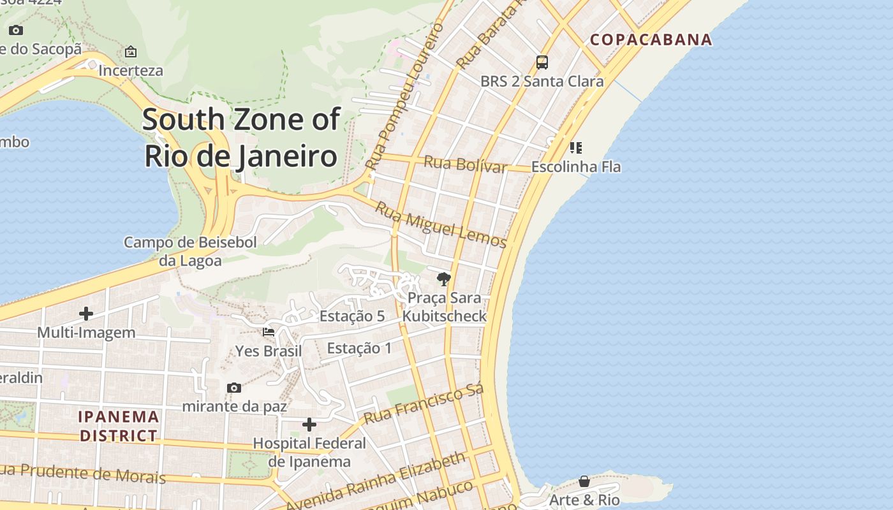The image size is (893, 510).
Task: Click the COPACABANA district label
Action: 651,40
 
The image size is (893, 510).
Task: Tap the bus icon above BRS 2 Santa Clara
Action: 542,62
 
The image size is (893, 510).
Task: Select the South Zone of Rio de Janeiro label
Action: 241,138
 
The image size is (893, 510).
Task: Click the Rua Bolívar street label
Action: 466,164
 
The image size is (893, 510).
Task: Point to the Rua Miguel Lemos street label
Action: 441,225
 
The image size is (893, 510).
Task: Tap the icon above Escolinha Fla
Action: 576,149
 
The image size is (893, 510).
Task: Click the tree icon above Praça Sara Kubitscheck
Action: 444,279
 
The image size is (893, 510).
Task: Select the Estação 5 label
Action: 352,316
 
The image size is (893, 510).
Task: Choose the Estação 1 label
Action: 359,348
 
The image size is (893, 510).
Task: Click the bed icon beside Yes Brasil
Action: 269,332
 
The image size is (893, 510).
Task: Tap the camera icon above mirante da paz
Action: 234,388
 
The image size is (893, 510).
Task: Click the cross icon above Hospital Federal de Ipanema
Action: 309,425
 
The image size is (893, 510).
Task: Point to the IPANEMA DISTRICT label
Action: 119,426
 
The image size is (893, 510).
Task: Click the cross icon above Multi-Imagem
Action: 86,314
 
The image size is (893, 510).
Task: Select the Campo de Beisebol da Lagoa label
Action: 190,251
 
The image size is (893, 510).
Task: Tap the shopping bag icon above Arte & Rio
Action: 584,481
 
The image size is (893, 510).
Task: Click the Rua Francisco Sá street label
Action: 424,404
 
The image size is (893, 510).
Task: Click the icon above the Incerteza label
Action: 131,52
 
